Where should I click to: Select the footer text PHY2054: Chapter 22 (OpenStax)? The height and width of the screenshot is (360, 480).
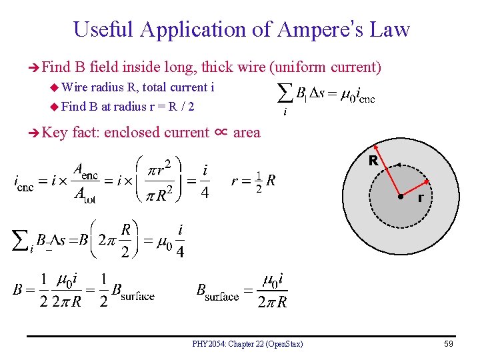[247, 344]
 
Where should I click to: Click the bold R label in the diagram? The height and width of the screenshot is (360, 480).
[373, 161]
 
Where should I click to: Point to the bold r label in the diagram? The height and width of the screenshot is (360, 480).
[421, 198]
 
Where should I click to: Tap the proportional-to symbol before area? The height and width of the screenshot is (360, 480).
[221, 132]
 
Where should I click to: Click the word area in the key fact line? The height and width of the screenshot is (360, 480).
[247, 133]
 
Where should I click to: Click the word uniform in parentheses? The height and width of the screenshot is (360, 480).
[297, 67]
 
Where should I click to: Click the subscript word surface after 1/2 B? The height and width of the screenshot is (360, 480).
[138, 296]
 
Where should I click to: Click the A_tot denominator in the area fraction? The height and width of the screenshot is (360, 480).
[85, 194]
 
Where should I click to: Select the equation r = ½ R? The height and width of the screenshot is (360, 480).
[253, 180]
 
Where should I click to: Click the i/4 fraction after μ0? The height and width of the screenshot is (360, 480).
[181, 241]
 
